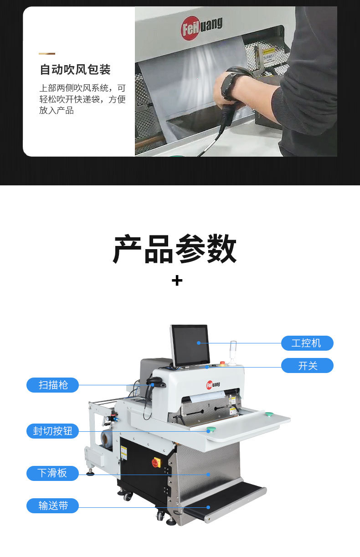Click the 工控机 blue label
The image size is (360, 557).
[x=307, y=343]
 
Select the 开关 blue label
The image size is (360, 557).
[x=307, y=366]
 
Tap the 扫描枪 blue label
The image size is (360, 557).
[x=52, y=385]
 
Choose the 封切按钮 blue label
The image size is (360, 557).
[x=52, y=431]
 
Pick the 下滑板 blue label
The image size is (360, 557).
[x=52, y=473]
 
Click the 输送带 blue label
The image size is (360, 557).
[x=52, y=506]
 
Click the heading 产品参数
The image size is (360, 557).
[x=175, y=249]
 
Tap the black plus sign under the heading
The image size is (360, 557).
[x=177, y=281]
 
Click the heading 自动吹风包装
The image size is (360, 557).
[x=75, y=69]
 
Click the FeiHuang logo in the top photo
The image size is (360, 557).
[x=201, y=28]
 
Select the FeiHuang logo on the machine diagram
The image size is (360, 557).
[x=213, y=385]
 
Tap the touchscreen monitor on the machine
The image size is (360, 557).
[x=190, y=346]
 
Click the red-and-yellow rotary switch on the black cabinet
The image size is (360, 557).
[x=156, y=462]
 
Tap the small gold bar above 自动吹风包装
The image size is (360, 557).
[x=47, y=53]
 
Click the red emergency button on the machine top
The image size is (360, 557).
[x=223, y=363]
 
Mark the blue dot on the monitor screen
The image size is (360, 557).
[x=199, y=343]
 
